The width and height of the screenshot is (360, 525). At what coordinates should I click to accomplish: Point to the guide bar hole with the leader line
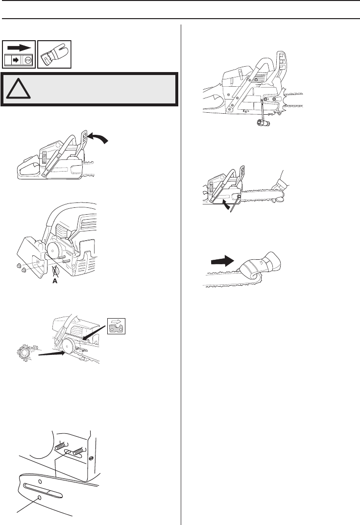tap(39, 498)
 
